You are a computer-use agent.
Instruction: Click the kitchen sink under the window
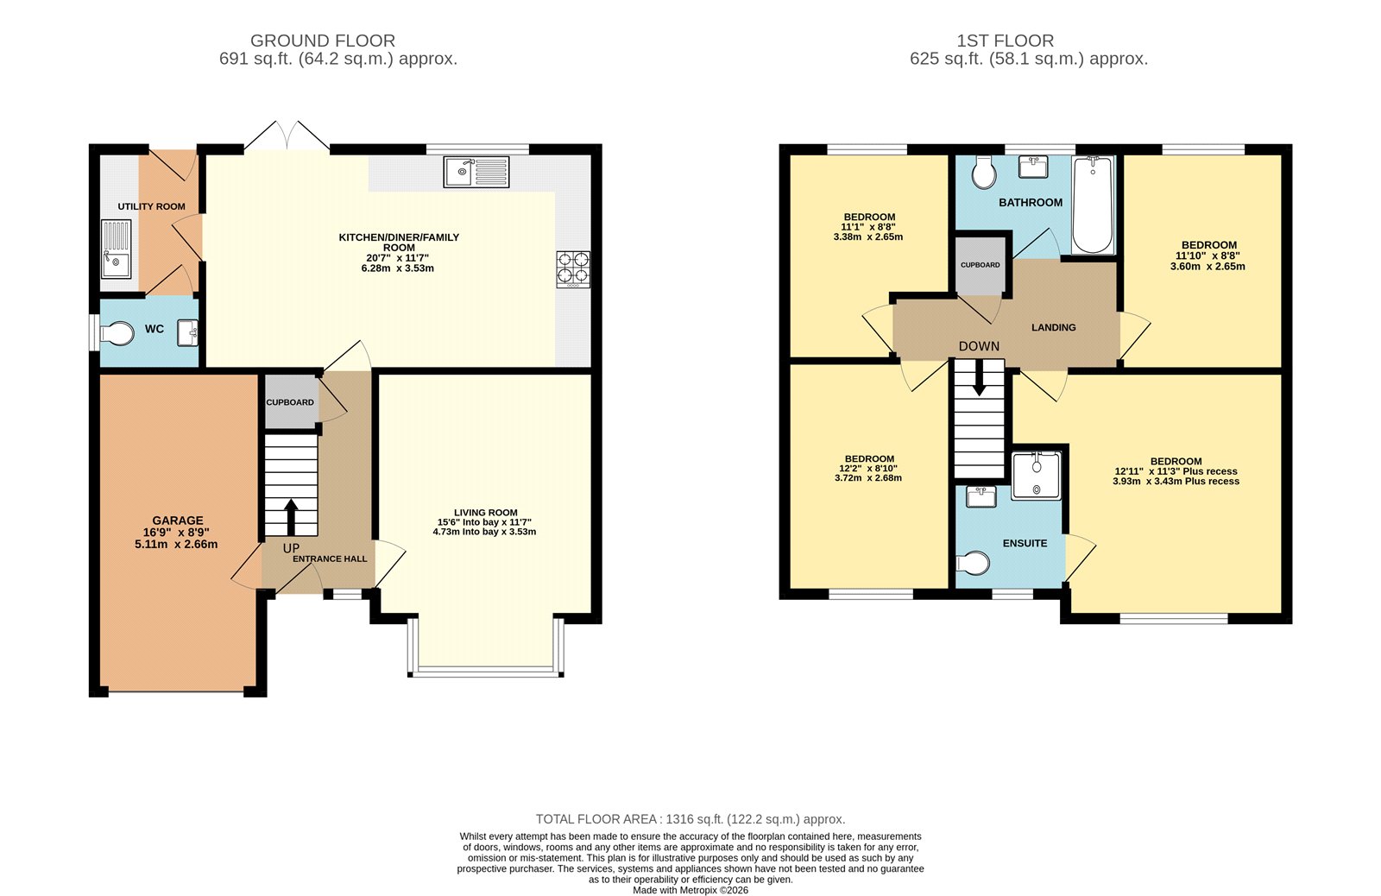[476, 172]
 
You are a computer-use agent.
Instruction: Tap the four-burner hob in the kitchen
[573, 268]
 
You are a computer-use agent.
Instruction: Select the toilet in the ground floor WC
[117, 333]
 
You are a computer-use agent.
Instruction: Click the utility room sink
[116, 249]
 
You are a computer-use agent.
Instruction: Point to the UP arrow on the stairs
[290, 517]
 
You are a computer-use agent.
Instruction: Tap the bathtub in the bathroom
[1093, 205]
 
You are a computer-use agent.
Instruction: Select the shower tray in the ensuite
[1036, 475]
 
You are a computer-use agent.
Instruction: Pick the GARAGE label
[178, 521]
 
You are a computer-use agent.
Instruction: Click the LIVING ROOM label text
[485, 512]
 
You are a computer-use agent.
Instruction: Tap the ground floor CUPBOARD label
[290, 402]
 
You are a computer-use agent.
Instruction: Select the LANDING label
[1053, 327]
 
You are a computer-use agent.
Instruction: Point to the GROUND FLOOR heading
[323, 41]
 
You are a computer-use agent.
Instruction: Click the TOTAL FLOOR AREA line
[690, 819]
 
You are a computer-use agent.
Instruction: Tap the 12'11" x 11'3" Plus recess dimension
[1176, 471]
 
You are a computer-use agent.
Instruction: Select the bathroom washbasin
[1033, 166]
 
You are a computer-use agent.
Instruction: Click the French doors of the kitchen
[286, 138]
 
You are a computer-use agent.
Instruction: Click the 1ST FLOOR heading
[1005, 41]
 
